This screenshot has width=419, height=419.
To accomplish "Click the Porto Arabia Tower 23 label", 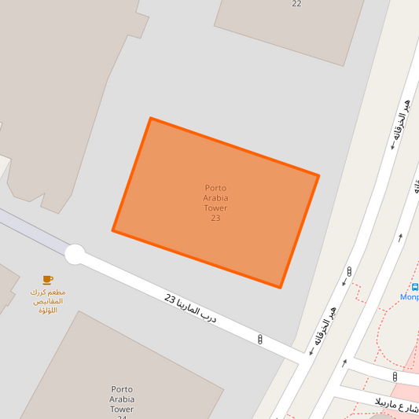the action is click(215, 203).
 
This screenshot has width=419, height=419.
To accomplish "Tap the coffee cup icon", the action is click(48, 280).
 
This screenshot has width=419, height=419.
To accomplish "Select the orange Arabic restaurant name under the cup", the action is click(46, 300).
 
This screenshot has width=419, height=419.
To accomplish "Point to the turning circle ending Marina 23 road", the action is click(75, 254).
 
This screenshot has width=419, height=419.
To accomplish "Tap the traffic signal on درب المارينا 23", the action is click(260, 340).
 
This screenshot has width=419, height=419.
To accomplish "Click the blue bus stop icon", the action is click(415, 287).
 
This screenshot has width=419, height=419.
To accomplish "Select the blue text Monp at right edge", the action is click(410, 297).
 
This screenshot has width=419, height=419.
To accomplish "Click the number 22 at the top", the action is click(296, 4).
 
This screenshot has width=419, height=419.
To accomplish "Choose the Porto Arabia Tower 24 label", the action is click(122, 401).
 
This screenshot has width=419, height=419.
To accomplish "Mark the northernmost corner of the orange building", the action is click(150, 119).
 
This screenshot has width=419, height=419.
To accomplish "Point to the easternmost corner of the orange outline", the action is click(318, 175).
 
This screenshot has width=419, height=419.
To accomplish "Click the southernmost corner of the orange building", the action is click(280, 288).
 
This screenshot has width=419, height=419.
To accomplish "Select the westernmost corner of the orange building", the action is click(113, 231).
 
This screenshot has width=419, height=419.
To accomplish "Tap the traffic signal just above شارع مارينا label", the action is click(395, 377).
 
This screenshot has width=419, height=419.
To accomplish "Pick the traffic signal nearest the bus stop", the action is click(348, 272).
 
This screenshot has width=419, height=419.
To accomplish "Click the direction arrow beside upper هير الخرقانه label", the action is click(391, 146).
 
